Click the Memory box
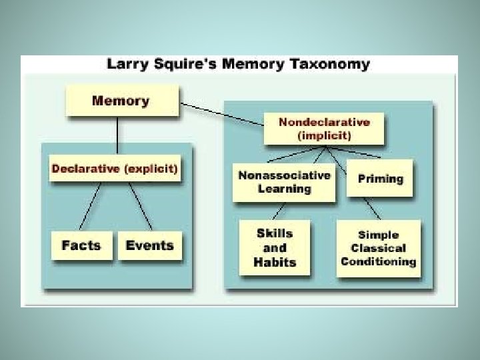click(121, 102)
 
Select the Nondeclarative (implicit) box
click(324, 129)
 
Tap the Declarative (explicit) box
click(115, 169)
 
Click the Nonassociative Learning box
click(285, 182)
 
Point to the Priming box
click(380, 179)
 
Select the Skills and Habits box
click(274, 247)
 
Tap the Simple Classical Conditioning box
click(378, 247)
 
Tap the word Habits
click(274, 261)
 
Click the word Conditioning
click(378, 261)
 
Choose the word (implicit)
click(324, 135)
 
